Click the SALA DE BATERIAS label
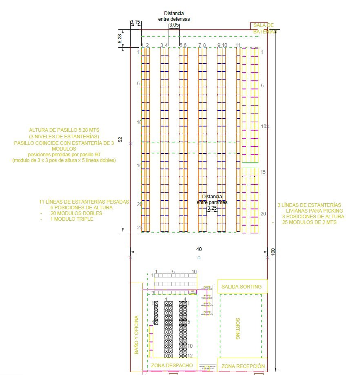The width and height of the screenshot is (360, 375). (x=263, y=28)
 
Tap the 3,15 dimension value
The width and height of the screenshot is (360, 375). (x=136, y=22)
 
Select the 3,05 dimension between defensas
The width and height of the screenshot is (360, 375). (x=174, y=25)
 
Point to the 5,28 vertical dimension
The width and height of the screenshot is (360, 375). (x=120, y=38)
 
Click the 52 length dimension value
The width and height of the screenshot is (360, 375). (x=120, y=140)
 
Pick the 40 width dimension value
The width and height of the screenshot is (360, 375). (x=199, y=249)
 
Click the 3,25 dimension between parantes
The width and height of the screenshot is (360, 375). (x=212, y=208)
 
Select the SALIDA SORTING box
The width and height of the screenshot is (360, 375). (x=242, y=286)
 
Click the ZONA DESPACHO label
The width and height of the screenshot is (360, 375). (x=172, y=365)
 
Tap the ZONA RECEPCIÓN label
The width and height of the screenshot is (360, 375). (x=243, y=366)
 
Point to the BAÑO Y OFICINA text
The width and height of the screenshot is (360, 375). (x=137, y=335)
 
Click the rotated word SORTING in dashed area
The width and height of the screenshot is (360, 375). (x=238, y=329)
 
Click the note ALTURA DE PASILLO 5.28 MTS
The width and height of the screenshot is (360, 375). (x=64, y=130)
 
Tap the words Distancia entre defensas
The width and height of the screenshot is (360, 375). (x=174, y=16)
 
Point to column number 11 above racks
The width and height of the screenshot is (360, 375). (x=238, y=45)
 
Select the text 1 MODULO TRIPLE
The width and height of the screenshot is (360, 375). (x=72, y=219)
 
